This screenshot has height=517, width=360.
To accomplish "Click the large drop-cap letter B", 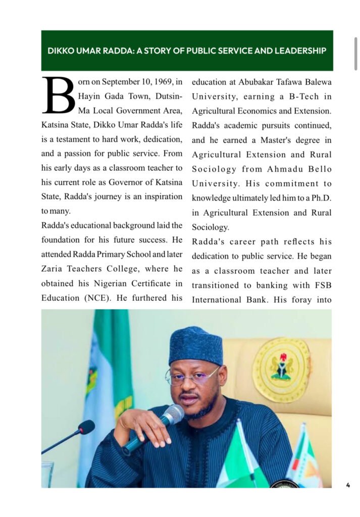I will click(x=59, y=95).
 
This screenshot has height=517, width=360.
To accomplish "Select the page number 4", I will click(x=348, y=485).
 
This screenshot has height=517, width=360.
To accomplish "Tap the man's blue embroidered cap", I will click(x=195, y=346).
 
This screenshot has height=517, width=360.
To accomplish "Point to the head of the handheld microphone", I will click(x=173, y=414).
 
